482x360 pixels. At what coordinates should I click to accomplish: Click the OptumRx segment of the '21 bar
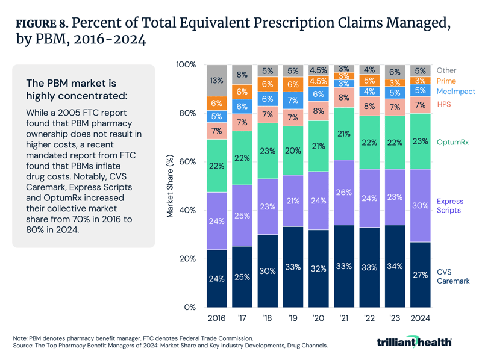[344, 134]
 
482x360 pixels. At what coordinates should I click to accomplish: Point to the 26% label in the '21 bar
[344, 193]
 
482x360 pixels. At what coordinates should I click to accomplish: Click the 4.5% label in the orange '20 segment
[318, 81]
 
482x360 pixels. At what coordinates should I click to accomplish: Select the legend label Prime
[446, 81]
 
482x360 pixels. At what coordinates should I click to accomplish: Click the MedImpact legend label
[455, 92]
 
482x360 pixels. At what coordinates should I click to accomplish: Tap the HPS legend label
[444, 105]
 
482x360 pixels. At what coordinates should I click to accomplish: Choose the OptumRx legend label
[452, 142]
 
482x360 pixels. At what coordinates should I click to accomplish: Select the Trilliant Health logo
[413, 342]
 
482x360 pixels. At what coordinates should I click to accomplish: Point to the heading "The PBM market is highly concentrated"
[71, 89]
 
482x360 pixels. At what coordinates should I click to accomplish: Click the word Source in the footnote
[23, 347]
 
